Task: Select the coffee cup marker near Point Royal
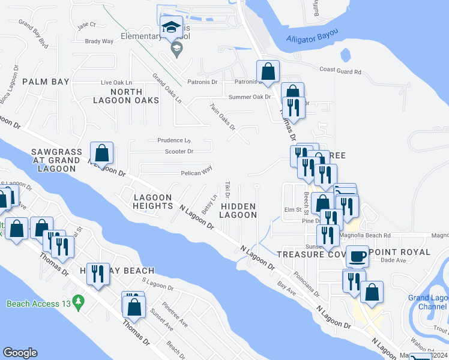pyautogui.click(x=357, y=256)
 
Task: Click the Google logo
pyautogui.click(x=20, y=353)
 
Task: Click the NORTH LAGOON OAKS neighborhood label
pyautogui.click(x=126, y=95)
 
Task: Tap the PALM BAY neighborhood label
pyautogui.click(x=46, y=81)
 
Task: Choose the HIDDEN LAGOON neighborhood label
pyautogui.click(x=238, y=211)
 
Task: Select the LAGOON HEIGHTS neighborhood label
pyautogui.click(x=153, y=202)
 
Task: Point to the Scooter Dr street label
pyautogui.click(x=178, y=151)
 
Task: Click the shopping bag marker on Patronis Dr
pyautogui.click(x=268, y=71)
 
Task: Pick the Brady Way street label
pyautogui.click(x=100, y=41)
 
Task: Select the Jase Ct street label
pyautogui.click(x=86, y=25)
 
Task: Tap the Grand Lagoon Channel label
pyautogui.click(x=428, y=302)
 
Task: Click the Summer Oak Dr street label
pyautogui.click(x=250, y=97)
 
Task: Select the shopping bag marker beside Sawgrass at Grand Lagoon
pyautogui.click(x=102, y=154)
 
